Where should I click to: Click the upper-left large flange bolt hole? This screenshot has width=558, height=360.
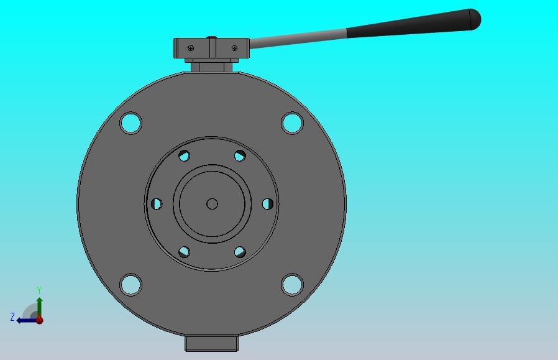click(x=131, y=123)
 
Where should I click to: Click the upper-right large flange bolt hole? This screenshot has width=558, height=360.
click(x=292, y=123)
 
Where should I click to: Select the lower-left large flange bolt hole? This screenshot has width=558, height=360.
click(x=131, y=285)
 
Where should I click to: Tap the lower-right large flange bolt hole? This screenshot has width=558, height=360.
click(x=292, y=285)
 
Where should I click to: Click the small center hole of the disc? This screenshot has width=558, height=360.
click(x=212, y=204)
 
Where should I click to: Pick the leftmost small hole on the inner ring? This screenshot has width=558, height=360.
click(x=157, y=204)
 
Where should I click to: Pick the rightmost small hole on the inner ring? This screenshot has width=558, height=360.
click(x=268, y=204)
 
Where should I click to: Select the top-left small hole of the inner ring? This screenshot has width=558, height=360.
click(x=184, y=155)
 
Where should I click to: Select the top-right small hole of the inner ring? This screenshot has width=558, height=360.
click(x=240, y=155)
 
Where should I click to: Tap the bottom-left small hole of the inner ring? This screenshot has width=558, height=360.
click(x=184, y=252)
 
